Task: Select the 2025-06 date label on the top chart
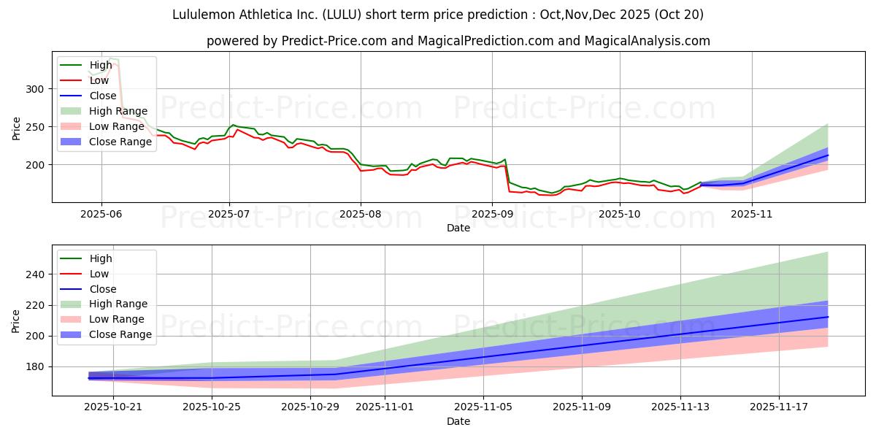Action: [101, 213]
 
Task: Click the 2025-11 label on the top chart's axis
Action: [751, 213]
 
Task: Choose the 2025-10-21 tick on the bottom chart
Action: [113, 407]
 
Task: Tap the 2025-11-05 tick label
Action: [483, 407]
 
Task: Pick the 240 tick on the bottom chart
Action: [38, 274]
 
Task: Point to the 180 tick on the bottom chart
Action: [38, 366]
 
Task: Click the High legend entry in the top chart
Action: [101, 65]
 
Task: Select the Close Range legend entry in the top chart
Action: [121, 142]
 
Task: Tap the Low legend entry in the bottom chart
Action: [99, 274]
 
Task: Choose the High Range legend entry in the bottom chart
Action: [118, 304]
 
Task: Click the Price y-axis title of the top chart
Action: [16, 128]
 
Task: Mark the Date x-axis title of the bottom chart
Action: [458, 421]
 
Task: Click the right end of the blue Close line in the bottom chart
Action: [828, 317]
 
